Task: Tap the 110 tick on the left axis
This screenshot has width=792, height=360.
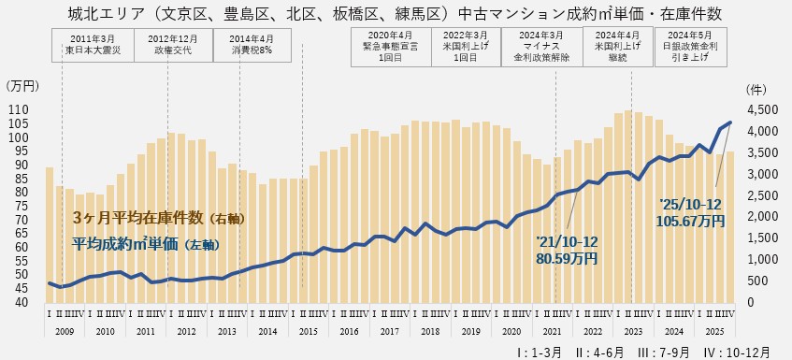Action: [x=19, y=110]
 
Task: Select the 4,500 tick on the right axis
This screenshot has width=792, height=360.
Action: [x=762, y=110]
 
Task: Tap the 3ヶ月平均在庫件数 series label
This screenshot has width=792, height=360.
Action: [x=159, y=218]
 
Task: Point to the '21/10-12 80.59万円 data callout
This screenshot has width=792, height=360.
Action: [x=567, y=249]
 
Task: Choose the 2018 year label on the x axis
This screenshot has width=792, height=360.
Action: [x=430, y=331]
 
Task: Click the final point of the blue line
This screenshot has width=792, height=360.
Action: [x=729, y=122]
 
